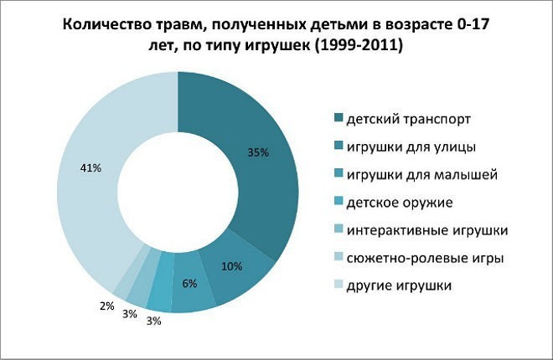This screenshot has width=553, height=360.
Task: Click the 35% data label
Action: point(258,152)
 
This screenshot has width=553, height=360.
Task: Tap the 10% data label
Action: point(233,267)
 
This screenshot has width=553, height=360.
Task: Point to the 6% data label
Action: point(189,284)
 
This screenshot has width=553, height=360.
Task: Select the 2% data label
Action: point(106,306)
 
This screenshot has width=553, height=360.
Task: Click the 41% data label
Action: point(90,168)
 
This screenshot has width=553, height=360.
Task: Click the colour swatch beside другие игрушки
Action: point(339,285)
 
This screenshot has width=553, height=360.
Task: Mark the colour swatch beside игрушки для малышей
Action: point(339,174)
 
